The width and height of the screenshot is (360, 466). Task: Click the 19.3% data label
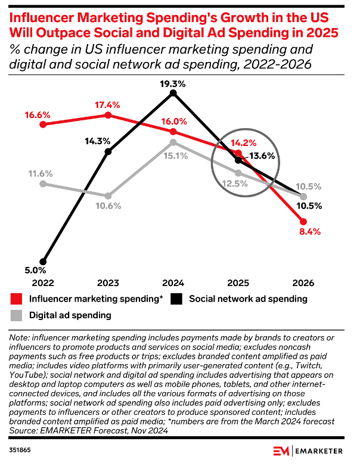click(x=173, y=84)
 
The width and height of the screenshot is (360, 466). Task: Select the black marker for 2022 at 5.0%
click(x=43, y=261)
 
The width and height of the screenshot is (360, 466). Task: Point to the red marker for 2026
click(x=303, y=222)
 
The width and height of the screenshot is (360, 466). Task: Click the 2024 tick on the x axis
click(x=173, y=282)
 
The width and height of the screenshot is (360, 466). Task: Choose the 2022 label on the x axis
click(x=43, y=282)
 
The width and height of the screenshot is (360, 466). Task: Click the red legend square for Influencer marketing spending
click(x=18, y=299)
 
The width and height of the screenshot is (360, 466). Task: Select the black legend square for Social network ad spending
click(x=176, y=299)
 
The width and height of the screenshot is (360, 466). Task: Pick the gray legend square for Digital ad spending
click(x=18, y=315)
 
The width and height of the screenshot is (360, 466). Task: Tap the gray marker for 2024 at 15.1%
click(x=173, y=142)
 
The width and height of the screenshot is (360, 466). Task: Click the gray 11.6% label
click(x=41, y=174)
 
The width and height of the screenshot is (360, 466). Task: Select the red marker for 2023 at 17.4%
click(x=108, y=115)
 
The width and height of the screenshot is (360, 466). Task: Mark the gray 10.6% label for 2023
click(x=108, y=206)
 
